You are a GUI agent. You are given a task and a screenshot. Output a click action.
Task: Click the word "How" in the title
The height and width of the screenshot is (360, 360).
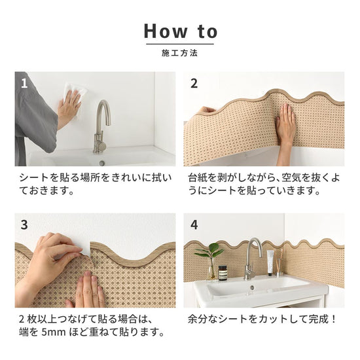166,31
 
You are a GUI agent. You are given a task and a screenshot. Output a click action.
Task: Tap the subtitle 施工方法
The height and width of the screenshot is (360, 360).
179,53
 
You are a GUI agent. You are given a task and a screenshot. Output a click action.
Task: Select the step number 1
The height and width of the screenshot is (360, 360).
24,83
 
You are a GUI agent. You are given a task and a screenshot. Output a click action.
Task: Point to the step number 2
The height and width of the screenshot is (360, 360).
194,83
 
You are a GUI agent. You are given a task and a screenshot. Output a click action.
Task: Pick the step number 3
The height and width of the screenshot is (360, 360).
24,225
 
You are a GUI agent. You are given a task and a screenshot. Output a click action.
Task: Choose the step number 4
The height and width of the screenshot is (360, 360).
194,225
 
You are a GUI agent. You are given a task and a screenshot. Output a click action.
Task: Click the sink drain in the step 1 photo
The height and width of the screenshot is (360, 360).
102,163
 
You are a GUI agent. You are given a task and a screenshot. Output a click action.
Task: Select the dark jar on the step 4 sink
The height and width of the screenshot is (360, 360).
223,273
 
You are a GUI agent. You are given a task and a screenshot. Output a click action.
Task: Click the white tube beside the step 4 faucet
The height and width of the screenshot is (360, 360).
270,262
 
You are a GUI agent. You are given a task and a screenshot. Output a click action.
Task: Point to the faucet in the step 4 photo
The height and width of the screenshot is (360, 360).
251,259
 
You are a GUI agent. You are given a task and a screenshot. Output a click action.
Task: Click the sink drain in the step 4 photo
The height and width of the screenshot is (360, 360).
252,287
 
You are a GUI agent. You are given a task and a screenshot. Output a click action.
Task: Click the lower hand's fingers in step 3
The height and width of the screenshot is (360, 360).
90,290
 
